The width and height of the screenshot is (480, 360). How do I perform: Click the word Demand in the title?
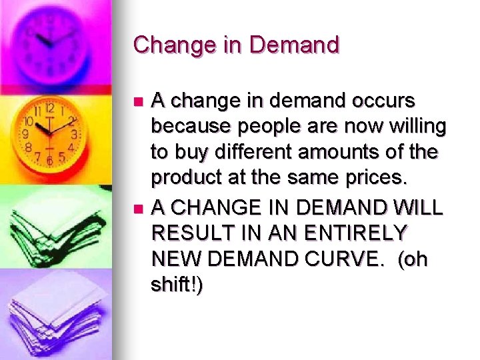point(295,45)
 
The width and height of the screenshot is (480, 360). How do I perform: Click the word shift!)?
point(177,285)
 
